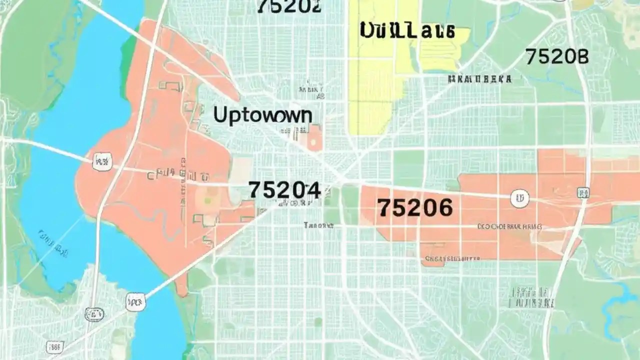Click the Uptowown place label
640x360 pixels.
[262, 115]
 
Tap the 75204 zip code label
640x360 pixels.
[284, 190]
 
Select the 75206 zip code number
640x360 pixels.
[415, 207]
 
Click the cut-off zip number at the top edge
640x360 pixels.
[289, 6]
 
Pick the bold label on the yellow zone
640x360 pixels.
[407, 30]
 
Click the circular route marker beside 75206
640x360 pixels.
[519, 198]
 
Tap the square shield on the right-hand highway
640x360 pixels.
[582, 192]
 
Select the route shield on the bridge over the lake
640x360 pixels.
[102, 161]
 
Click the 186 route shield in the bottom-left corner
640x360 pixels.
[54, 346]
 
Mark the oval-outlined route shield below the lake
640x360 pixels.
[94, 314]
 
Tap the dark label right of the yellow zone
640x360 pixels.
[480, 79]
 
